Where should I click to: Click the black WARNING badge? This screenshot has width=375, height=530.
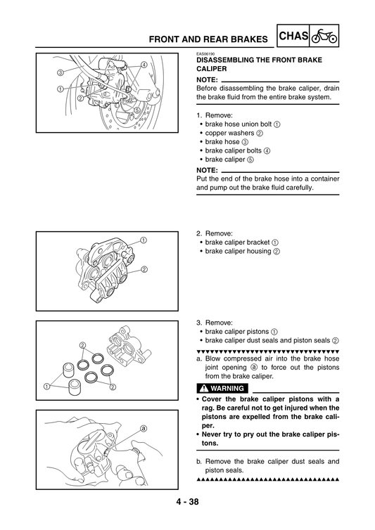pyautogui.click(x=222, y=388)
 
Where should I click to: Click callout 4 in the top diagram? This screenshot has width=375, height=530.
pyautogui.click(x=144, y=65)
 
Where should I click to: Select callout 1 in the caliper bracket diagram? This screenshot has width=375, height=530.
pyautogui.click(x=144, y=240)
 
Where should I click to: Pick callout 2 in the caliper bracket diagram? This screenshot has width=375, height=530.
pyautogui.click(x=144, y=269)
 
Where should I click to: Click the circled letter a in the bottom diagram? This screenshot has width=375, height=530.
pyautogui.click(x=143, y=427)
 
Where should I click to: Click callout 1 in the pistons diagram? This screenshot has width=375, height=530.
pyautogui.click(x=46, y=387)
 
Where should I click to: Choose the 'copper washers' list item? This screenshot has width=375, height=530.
pyautogui.click(x=229, y=133)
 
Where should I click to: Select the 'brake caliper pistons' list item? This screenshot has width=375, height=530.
pyautogui.click(x=237, y=331)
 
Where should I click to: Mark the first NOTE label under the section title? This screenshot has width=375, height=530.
pyautogui.click(x=208, y=79)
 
